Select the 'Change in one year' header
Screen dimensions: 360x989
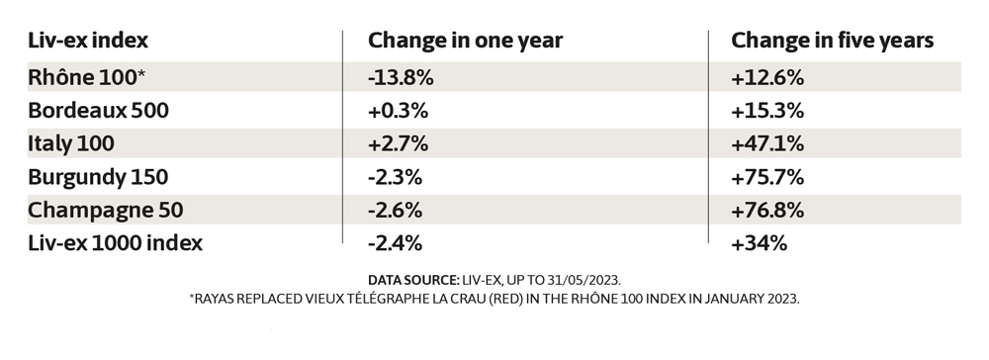tap(465, 41)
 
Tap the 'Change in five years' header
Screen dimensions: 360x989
tap(832, 41)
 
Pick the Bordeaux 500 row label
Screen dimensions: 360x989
tap(99, 109)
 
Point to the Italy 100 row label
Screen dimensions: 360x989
tap(71, 143)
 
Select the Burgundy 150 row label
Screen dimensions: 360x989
tap(99, 177)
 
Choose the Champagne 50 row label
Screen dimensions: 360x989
tap(107, 211)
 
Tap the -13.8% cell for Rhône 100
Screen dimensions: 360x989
tap(401, 75)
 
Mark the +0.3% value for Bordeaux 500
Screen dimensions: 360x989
tap(398, 109)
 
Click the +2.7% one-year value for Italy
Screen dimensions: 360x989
tap(398, 143)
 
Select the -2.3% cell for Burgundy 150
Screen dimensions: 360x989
tap(396, 177)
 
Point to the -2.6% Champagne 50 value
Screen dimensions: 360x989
tap(396, 211)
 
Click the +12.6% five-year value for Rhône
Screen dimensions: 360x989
tap(766, 75)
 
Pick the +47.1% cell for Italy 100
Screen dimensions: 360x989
tap(766, 143)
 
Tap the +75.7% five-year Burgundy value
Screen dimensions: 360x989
tap(766, 177)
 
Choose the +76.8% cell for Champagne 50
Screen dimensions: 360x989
tap(766, 211)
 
